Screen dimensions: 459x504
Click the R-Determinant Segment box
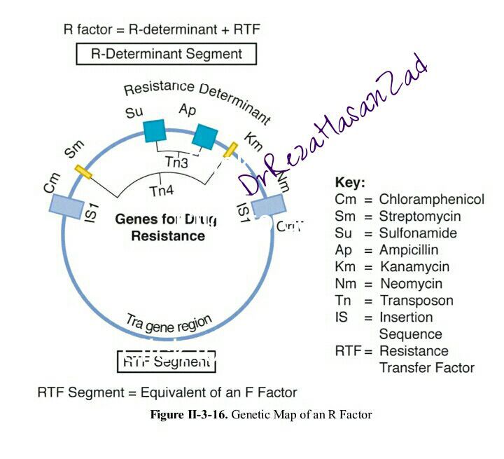click(167, 54)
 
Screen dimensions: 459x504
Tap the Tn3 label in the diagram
click(176, 163)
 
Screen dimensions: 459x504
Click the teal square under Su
click(155, 131)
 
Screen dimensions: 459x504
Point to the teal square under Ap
click(205, 137)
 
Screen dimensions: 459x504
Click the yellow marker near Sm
click(84, 172)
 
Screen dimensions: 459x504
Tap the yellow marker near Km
click(230, 149)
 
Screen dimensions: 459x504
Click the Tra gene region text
click(169, 323)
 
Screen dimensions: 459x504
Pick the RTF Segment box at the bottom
click(166, 362)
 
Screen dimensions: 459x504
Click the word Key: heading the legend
click(350, 183)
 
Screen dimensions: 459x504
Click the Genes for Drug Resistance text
click(167, 227)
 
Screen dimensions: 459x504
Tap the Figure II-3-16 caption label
click(189, 415)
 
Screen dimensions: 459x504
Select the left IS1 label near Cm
click(90, 213)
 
